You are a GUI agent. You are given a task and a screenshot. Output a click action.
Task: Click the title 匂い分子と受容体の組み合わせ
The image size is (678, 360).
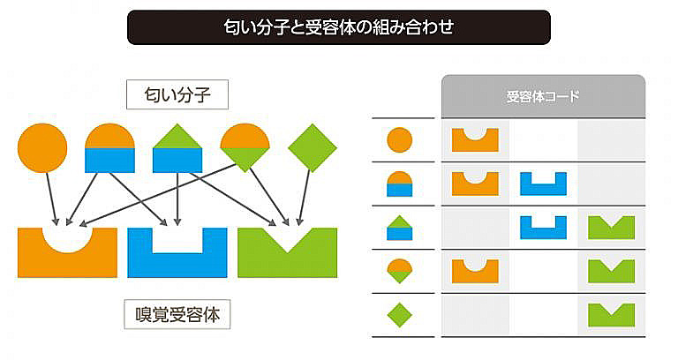pyautogui.click(x=339, y=26)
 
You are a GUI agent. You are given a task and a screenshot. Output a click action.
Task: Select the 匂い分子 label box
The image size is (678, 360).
pyautogui.click(x=177, y=94)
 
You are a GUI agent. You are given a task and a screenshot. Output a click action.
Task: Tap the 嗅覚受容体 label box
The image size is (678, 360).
pyautogui.click(x=177, y=315)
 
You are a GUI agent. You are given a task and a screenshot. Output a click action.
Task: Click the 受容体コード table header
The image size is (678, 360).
pyautogui.click(x=543, y=96)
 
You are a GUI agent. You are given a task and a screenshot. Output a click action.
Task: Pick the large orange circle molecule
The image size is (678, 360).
pyautogui.click(x=42, y=148)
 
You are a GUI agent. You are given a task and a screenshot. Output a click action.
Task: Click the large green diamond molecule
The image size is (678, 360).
pyautogui.click(x=313, y=148)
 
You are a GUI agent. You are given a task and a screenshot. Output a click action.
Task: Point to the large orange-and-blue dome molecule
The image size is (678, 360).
pyautogui.click(x=109, y=148)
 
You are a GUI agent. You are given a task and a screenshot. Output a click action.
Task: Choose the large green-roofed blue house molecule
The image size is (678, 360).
pyautogui.click(x=177, y=148)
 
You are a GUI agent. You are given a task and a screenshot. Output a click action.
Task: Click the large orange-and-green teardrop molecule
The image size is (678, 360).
pyautogui.click(x=245, y=148)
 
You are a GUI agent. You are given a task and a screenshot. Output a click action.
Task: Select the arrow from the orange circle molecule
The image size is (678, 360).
pyautogui.click(x=51, y=199)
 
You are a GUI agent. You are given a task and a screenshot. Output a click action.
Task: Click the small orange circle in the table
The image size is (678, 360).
pyautogui.click(x=400, y=140)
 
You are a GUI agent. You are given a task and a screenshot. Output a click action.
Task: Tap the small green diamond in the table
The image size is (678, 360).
pyautogui.click(x=400, y=315)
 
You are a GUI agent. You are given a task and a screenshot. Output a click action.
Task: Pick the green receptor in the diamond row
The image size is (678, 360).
pyautogui.click(x=612, y=315)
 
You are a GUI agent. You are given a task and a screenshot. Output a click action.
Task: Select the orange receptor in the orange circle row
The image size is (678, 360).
pyautogui.click(x=475, y=141)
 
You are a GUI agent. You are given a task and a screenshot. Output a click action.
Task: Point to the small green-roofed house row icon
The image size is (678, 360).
pyautogui.click(x=400, y=228)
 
